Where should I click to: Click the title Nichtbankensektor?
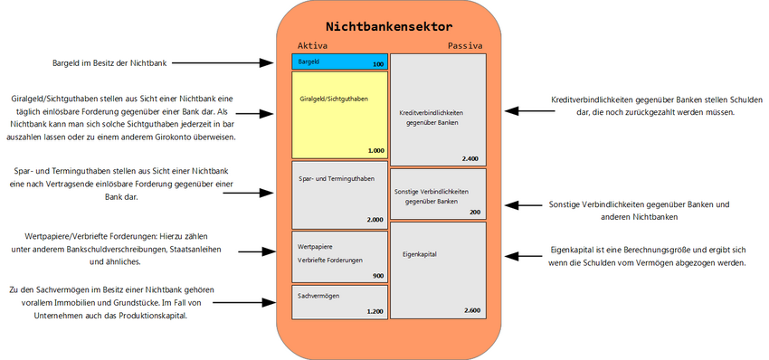pos(389,26)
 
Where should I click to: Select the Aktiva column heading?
pos(312,45)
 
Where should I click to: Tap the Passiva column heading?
pos(465,45)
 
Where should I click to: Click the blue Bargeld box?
pos(339,62)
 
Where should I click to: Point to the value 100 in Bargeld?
pos(378,65)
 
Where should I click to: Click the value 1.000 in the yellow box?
pos(375,151)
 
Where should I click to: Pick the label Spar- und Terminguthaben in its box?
pos(336,179)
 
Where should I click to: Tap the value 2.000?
pos(375,220)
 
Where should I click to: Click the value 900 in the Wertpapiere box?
pos(378,276)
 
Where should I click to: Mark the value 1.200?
pos(375,311)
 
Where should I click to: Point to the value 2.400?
pos(470,159)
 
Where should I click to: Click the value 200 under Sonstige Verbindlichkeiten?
pos(475,213)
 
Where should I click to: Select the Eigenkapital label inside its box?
pos(420,254)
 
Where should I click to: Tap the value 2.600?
pos(471,311)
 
